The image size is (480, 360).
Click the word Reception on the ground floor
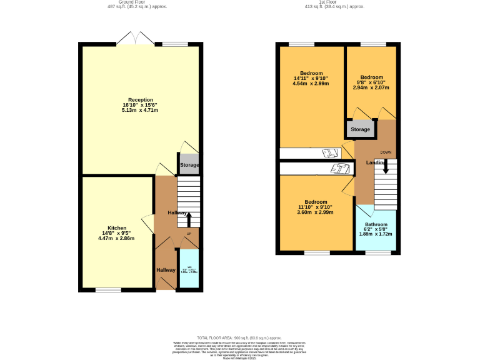tap(140, 100)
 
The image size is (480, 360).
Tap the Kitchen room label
tap(117, 228)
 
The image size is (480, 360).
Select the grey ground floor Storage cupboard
tap(189, 165)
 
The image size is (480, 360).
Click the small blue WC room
tap(189, 269)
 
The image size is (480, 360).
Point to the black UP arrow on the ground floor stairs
tap(189, 219)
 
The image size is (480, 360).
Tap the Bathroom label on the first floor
tap(376, 224)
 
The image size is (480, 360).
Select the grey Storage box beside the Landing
tap(360, 129)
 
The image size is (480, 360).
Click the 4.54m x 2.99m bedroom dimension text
tap(311, 83)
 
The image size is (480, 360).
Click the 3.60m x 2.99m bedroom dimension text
tap(316, 212)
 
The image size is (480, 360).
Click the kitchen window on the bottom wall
tap(108, 290)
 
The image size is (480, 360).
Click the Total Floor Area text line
tap(239, 337)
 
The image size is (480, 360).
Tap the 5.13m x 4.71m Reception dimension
tap(140, 111)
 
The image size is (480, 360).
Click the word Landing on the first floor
tap(376, 162)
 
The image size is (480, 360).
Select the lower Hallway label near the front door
tap(166, 270)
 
